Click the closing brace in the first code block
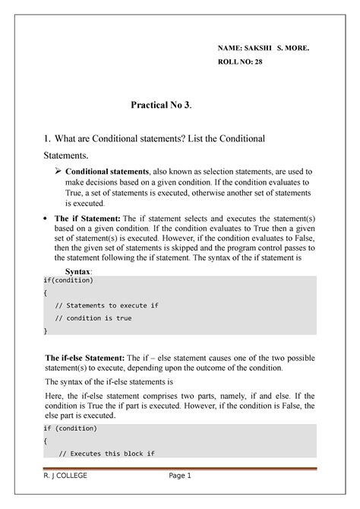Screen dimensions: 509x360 pos(46,330)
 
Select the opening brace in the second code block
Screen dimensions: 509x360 pos(46,442)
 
